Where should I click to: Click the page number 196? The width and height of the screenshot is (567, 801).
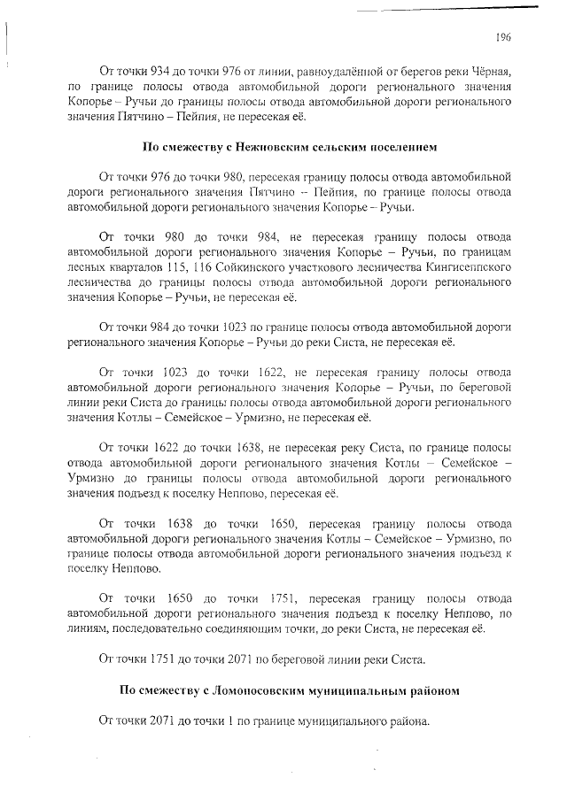(504, 36)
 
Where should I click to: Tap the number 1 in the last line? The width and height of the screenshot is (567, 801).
(233, 722)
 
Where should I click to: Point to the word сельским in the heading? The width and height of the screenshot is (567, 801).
(338, 146)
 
